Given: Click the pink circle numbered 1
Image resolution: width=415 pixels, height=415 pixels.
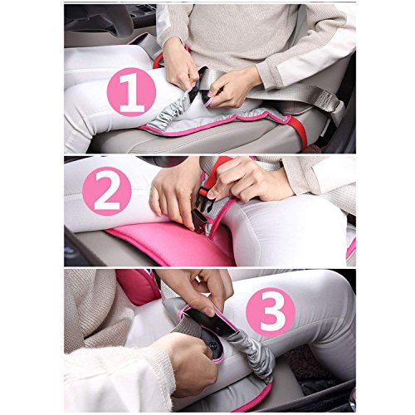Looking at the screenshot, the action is [x=131, y=92].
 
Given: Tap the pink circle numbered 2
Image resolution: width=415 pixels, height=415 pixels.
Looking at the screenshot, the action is [x=107, y=191].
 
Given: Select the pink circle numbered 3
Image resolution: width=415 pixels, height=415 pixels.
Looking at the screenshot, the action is [x=271, y=312].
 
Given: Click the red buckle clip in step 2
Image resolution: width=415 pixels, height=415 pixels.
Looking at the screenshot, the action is [x=205, y=192].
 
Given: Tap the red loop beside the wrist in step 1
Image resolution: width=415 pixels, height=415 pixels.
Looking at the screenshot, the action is [x=159, y=61].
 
